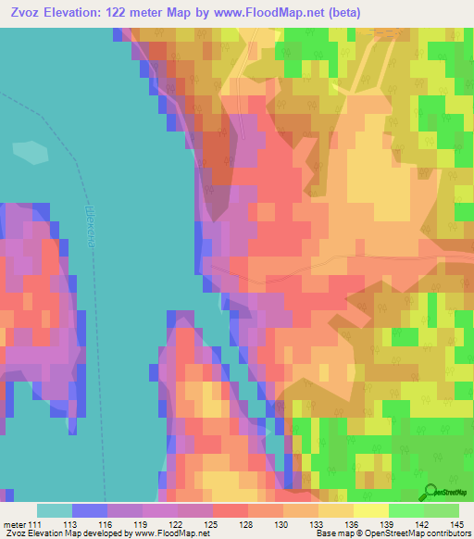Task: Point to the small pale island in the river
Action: (x=31, y=152)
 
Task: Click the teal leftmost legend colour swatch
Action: (x=54, y=510)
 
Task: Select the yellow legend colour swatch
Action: (x=370, y=510)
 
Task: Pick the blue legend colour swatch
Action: (x=89, y=510)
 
